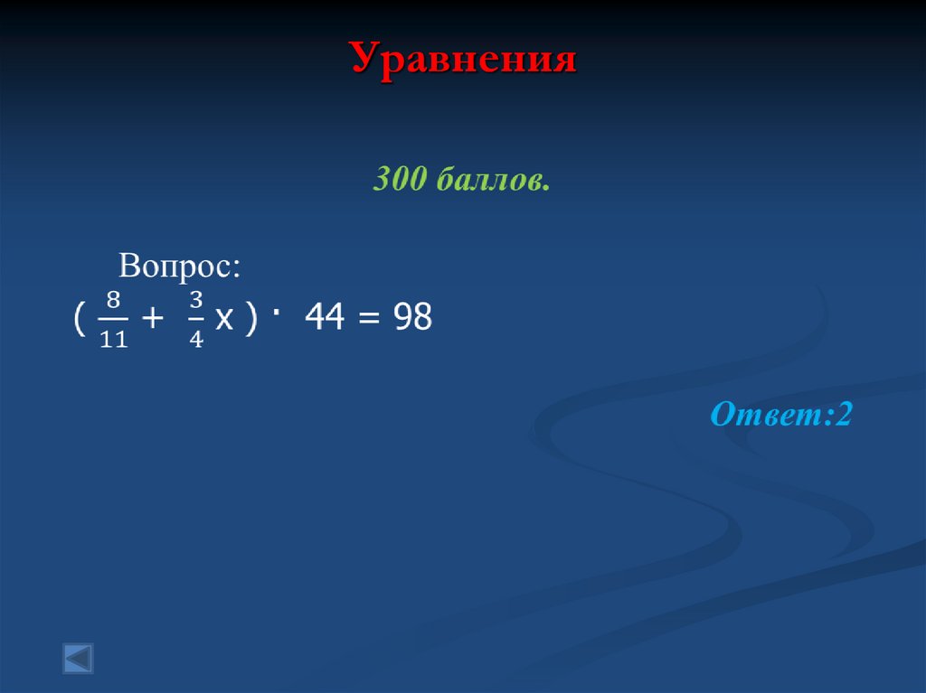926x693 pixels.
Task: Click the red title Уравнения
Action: (x=463, y=61)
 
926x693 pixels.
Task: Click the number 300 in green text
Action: (x=399, y=180)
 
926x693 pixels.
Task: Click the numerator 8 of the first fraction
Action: (x=114, y=298)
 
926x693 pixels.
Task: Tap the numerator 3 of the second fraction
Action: (x=195, y=298)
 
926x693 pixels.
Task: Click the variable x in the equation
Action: (x=223, y=319)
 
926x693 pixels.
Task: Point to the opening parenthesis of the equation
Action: (x=79, y=318)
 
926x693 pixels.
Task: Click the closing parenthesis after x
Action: (x=251, y=318)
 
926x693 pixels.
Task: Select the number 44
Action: (x=324, y=318)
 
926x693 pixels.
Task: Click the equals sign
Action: (x=366, y=319)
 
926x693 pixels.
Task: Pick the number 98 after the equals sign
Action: (x=411, y=318)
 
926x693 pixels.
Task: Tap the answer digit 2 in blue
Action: (x=846, y=416)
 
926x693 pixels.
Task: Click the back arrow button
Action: (x=78, y=658)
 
